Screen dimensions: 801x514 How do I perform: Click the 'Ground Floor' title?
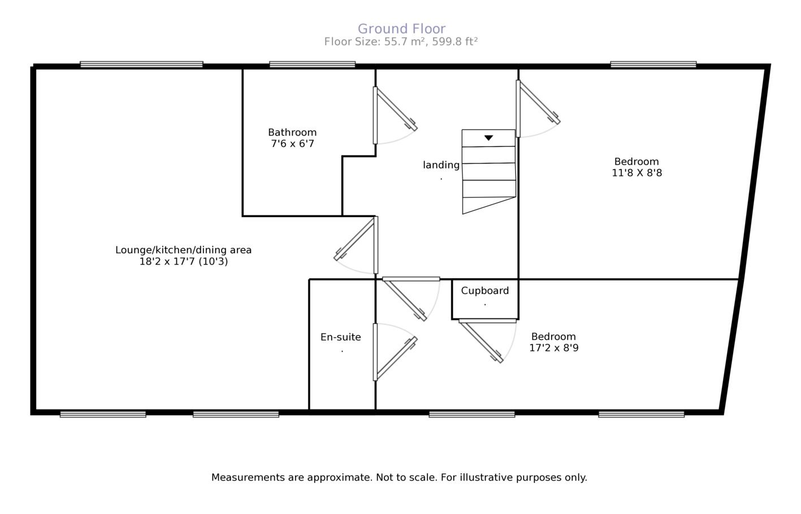coord(401,28)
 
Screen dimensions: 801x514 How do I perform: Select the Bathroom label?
coord(292,132)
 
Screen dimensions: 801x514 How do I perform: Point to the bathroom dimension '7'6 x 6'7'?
coord(292,144)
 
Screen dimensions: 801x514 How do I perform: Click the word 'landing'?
coord(441,165)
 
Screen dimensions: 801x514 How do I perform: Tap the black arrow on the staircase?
coord(488,137)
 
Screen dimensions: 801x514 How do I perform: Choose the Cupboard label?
coord(484,291)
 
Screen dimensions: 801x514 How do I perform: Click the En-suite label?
coord(340,337)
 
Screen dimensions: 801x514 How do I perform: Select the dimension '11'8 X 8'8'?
coord(637,173)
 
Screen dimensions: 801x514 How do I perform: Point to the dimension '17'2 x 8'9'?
coord(553,348)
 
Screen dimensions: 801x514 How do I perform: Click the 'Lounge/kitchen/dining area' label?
coord(183,250)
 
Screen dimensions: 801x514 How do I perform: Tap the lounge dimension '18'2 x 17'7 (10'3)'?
coord(183,261)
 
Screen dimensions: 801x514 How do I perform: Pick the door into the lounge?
coord(355,240)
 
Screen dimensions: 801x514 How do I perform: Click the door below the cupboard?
coord(480,341)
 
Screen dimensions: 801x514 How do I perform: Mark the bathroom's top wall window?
coord(312,64)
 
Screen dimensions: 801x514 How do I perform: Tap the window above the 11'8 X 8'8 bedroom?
coord(653,64)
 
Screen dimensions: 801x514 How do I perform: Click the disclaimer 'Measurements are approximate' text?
coord(399,477)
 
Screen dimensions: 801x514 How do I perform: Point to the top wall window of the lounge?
coord(141,64)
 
